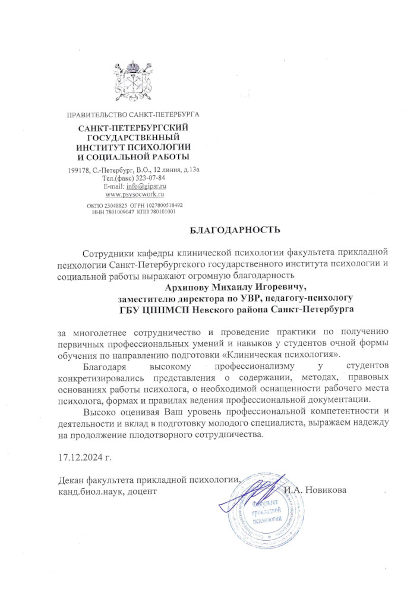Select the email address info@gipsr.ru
click(x=144, y=186)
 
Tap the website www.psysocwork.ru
click(x=134, y=194)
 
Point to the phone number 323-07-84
click(x=149, y=178)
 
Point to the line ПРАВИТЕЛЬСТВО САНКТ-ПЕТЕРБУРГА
click(x=133, y=113)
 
